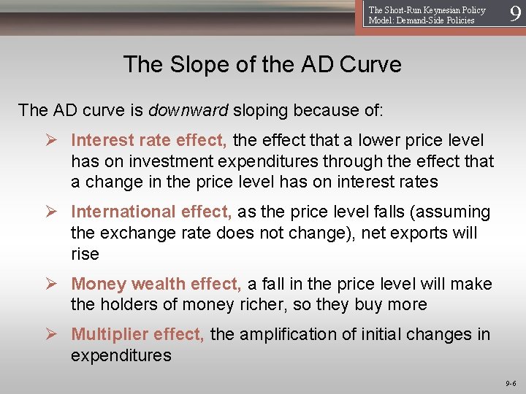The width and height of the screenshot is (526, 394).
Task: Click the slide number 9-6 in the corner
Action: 510,382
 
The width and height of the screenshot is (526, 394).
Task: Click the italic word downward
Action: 188,110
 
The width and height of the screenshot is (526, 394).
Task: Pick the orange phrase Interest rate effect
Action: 149,140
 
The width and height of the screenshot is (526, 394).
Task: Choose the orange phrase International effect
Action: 151,212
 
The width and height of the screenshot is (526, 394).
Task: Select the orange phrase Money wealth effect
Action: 156,284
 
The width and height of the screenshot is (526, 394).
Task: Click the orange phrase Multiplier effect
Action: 138,334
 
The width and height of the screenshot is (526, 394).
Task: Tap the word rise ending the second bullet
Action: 85,255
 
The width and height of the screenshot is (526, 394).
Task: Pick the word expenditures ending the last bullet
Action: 121,355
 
